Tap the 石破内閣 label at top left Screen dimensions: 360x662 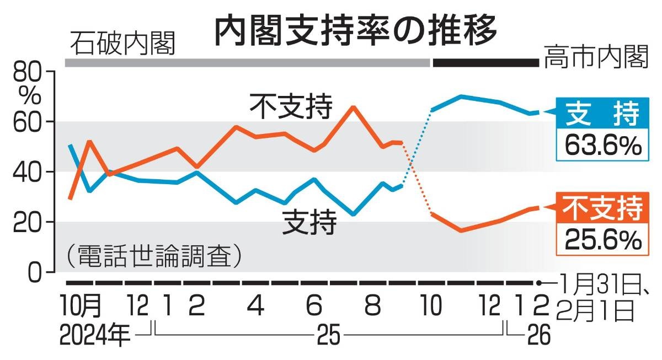pyautogui.click(x=122, y=43)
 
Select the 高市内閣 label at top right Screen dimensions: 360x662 pyautogui.click(x=595, y=58)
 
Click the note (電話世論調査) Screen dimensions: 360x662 pyautogui.click(x=154, y=256)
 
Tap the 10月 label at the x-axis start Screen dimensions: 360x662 pyautogui.click(x=82, y=305)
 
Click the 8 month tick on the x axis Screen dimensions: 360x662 pyautogui.click(x=372, y=305)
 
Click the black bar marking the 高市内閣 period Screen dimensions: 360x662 pyautogui.click(x=485, y=63)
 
